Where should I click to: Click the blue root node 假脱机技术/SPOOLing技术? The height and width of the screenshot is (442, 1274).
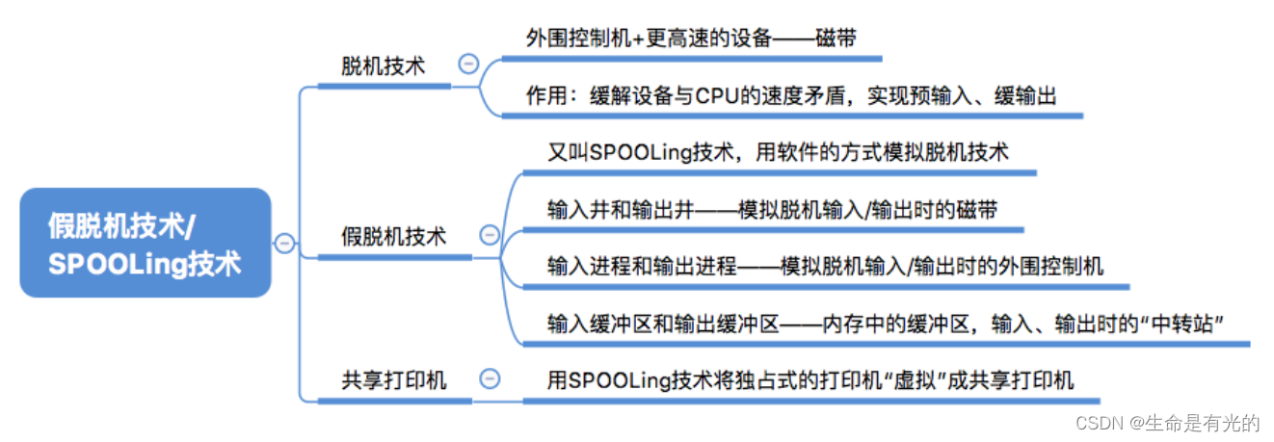[145, 242]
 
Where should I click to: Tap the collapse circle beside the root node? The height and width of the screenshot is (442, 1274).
[284, 243]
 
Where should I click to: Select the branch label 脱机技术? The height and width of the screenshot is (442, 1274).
[383, 65]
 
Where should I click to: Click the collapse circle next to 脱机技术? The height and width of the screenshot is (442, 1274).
[468, 65]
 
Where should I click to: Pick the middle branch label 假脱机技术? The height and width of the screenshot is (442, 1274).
[394, 236]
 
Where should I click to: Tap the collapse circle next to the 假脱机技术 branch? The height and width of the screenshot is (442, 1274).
[489, 235]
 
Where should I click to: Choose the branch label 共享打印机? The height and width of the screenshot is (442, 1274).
[394, 379]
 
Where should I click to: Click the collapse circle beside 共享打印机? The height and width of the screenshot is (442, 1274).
[490, 378]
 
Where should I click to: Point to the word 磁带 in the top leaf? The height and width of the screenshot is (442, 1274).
[836, 39]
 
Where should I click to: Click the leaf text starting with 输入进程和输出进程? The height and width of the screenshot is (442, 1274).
[824, 266]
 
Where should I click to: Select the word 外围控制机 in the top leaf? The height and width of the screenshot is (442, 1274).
[573, 39]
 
